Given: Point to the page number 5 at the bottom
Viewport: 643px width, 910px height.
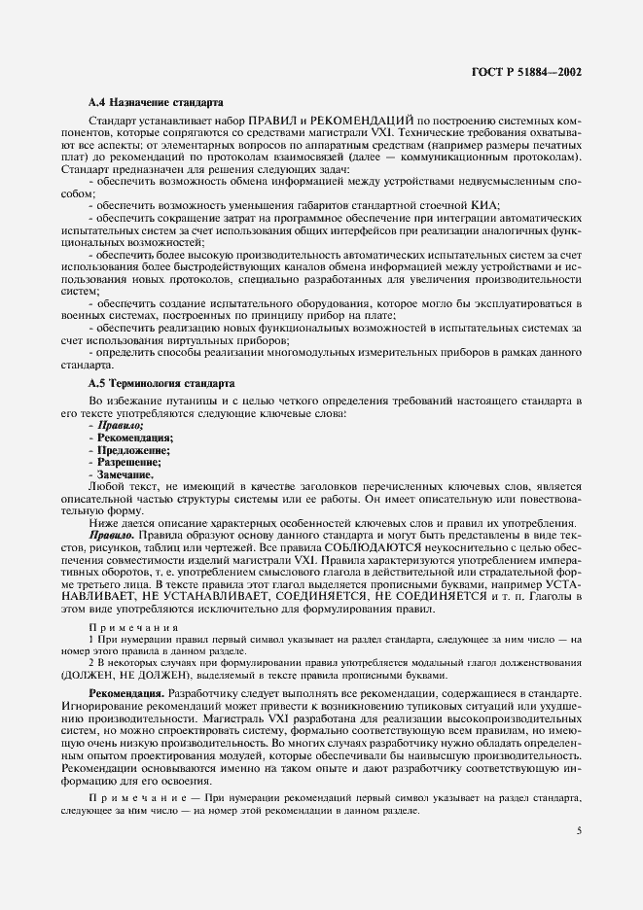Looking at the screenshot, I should point(579,830).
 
